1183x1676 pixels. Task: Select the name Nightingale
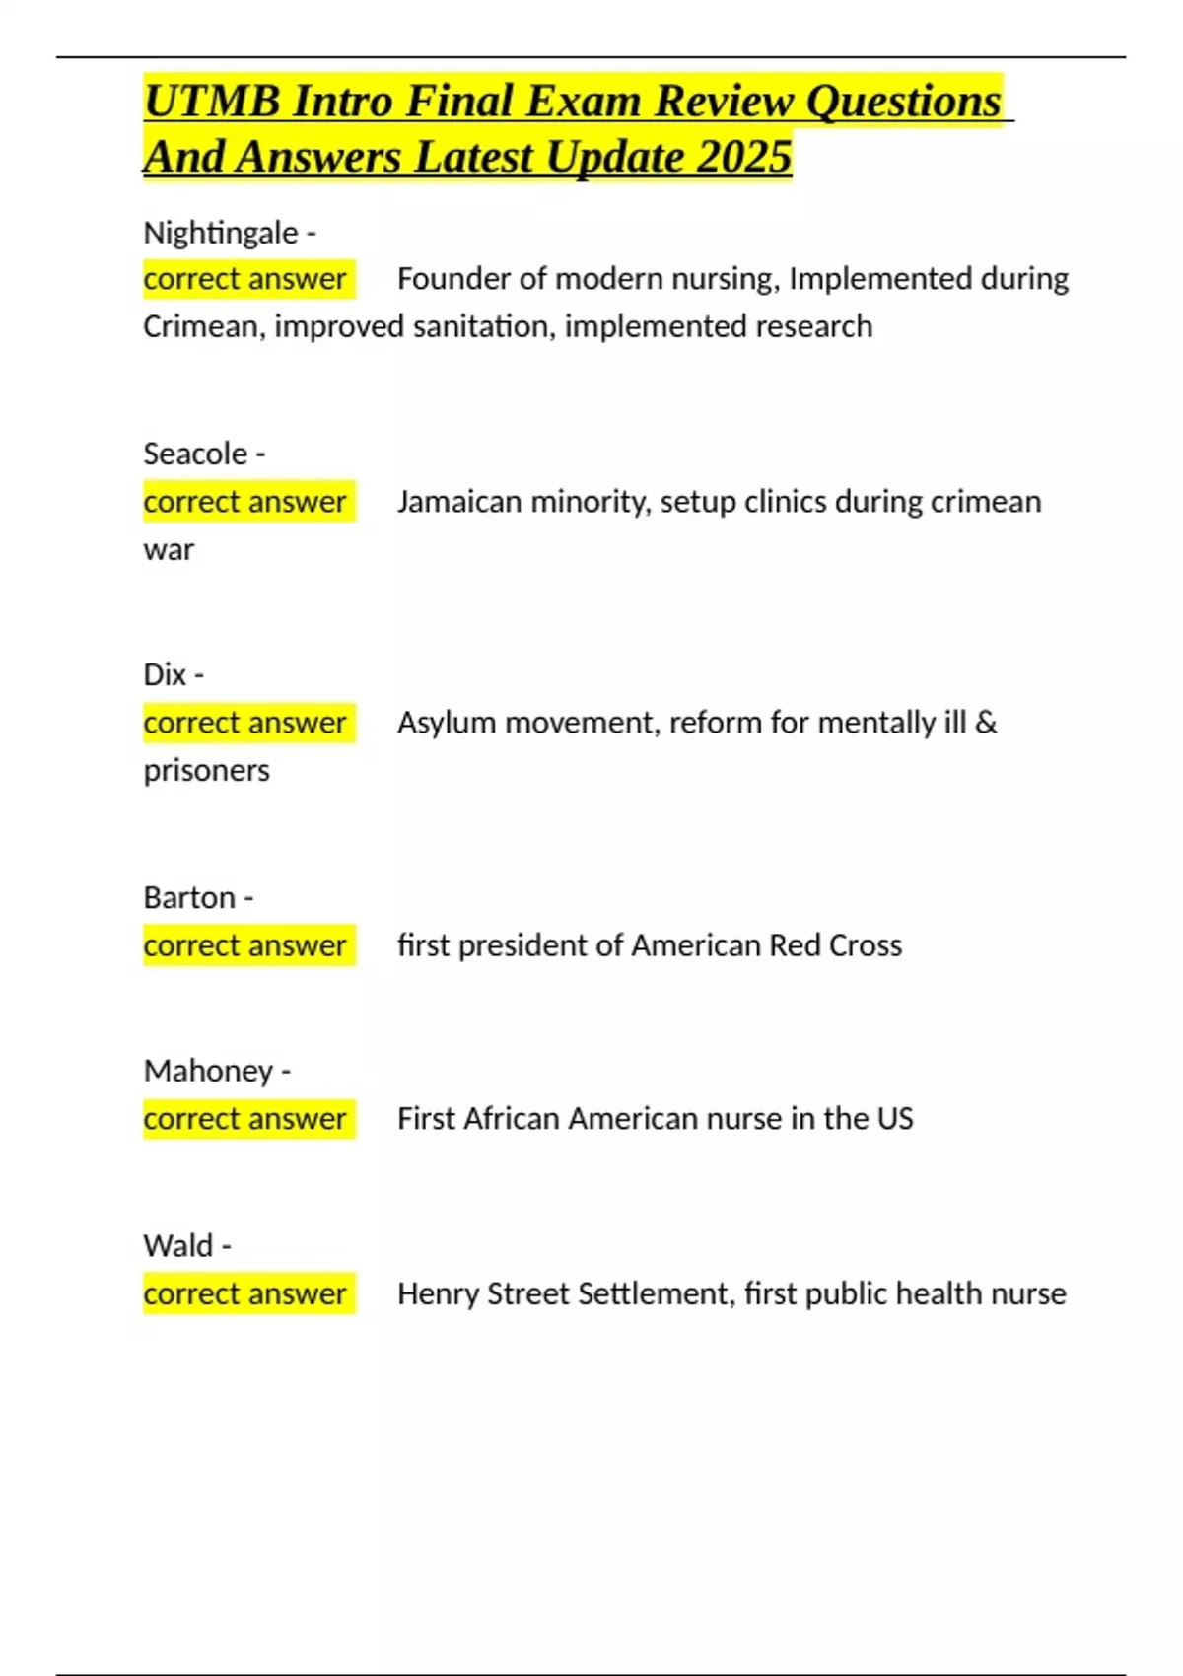pyautogui.click(x=220, y=233)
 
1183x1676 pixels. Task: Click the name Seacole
pyautogui.click(x=195, y=454)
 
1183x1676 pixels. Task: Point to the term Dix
pyautogui.click(x=165, y=674)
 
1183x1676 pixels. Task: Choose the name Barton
pyautogui.click(x=189, y=897)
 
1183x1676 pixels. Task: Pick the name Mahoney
pyautogui.click(x=208, y=1071)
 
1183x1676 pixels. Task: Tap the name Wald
pyautogui.click(x=177, y=1245)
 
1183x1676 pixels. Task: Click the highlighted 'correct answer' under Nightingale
pyautogui.click(x=245, y=279)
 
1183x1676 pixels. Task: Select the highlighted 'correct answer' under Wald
pyautogui.click(x=245, y=1293)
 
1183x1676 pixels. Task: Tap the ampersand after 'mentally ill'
pyautogui.click(x=986, y=723)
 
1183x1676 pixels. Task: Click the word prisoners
pyautogui.click(x=206, y=770)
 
